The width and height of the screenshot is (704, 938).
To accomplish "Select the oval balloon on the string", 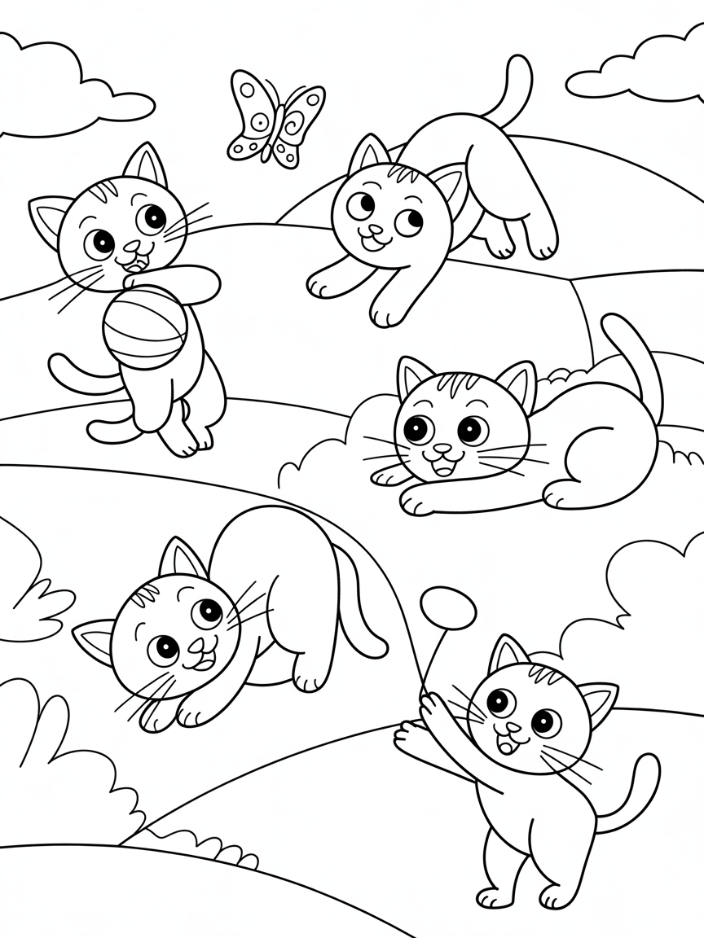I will [448, 607].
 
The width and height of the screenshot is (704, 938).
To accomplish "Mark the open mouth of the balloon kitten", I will [507, 743].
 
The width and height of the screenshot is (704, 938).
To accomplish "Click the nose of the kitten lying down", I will [442, 449].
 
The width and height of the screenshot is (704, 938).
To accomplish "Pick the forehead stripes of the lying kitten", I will [451, 384].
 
